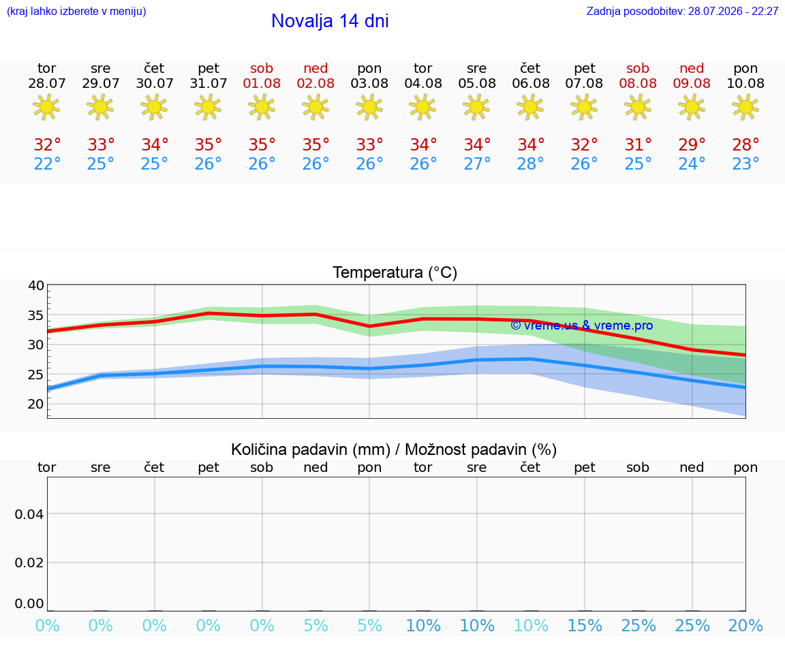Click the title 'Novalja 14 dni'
(x=330, y=21)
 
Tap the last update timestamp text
(x=682, y=12)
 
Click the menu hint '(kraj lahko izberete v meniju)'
(x=76, y=12)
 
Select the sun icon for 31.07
(x=209, y=107)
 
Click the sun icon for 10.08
(x=745, y=107)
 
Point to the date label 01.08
(x=262, y=84)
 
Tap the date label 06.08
(x=531, y=84)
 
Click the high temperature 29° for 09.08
(x=692, y=145)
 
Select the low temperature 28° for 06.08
(x=531, y=163)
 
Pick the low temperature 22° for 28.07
(x=47, y=163)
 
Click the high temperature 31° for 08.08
(x=638, y=145)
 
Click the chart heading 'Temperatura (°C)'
(x=395, y=272)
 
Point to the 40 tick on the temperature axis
(x=36, y=286)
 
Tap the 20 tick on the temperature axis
(x=36, y=405)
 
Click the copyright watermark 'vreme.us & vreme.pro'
(x=582, y=326)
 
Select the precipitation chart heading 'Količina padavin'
(x=311, y=449)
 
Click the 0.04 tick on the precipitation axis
(x=29, y=514)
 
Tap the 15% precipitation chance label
(x=585, y=625)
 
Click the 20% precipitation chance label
(x=745, y=625)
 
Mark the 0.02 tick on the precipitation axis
(x=29, y=563)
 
